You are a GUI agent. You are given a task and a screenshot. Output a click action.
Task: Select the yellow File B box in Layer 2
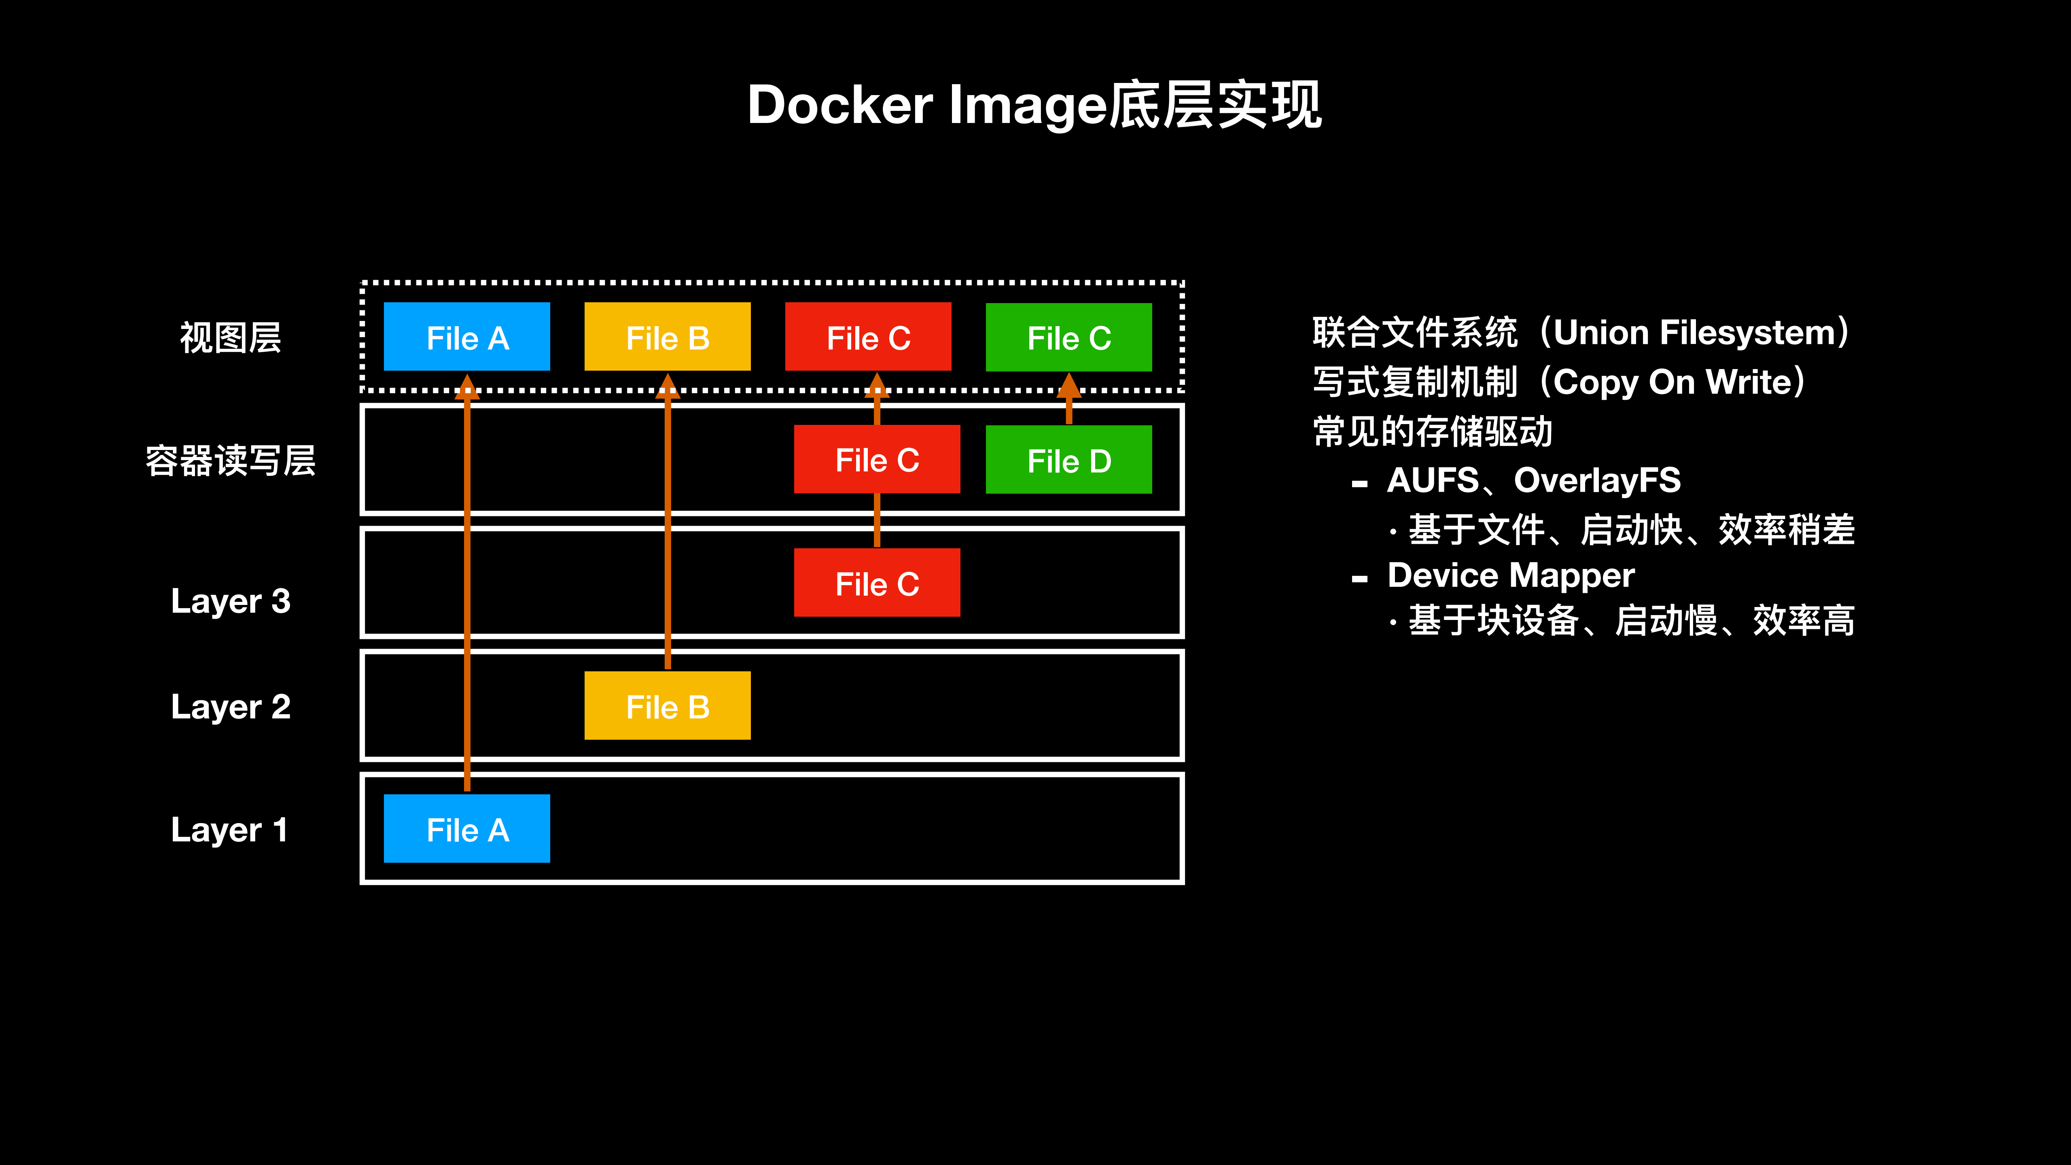(667, 705)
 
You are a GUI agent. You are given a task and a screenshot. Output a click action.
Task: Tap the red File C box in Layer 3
(876, 582)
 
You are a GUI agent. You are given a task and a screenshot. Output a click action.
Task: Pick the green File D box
(1068, 459)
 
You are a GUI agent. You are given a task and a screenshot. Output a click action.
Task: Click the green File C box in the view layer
(1068, 337)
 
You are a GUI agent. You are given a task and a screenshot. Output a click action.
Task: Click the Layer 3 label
(231, 601)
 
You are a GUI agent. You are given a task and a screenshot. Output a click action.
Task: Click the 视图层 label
(231, 337)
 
